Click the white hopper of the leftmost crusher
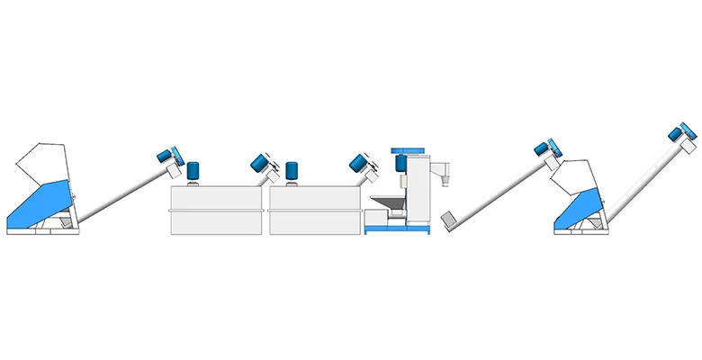(x=40, y=162)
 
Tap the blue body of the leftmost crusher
(x=40, y=202)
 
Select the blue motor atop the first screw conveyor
(x=166, y=155)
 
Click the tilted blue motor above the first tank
(x=260, y=163)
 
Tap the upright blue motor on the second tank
(x=292, y=172)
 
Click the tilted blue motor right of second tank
(x=357, y=163)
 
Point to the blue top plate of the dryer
(x=407, y=149)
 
